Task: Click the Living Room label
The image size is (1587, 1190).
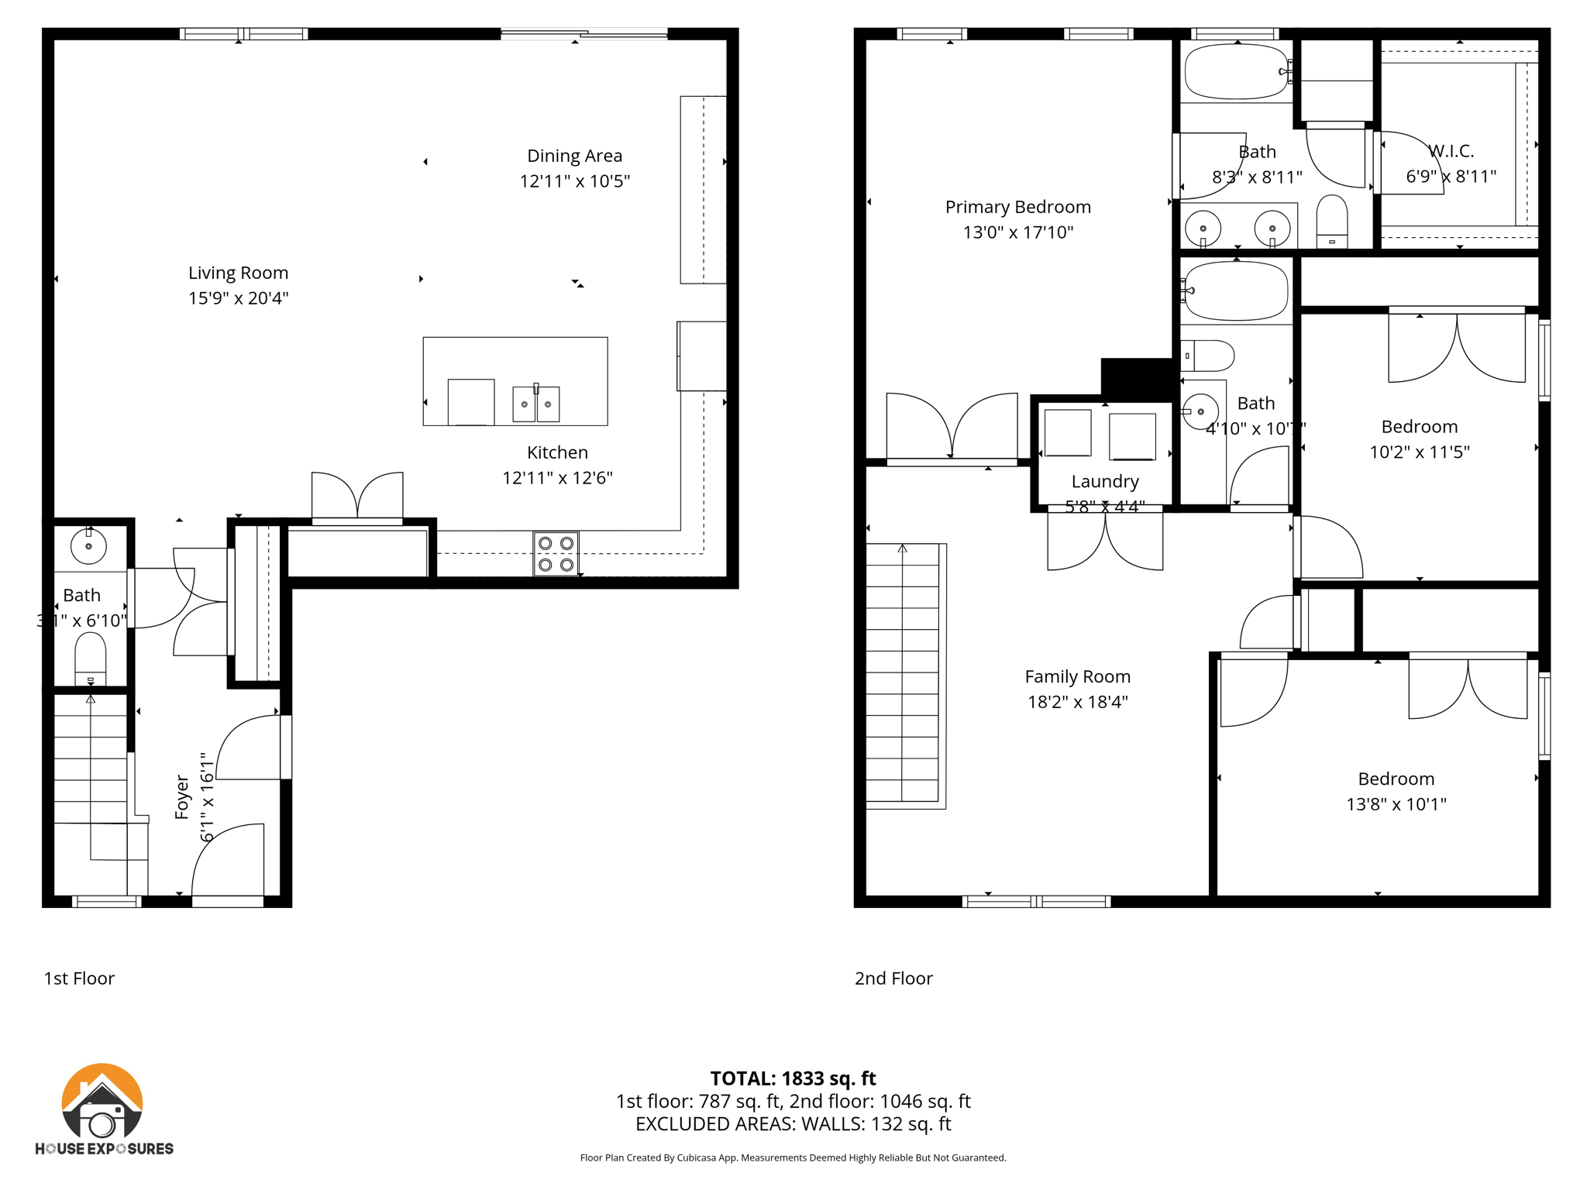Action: (x=238, y=273)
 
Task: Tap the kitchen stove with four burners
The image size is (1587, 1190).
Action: (x=556, y=554)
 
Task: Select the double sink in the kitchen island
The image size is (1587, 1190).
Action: (x=535, y=404)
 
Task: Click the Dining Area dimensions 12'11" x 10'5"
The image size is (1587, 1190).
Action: (x=574, y=181)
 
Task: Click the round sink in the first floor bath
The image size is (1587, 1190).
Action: (x=89, y=546)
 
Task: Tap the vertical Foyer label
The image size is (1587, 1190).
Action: (x=182, y=796)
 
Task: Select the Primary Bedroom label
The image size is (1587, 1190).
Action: (x=1017, y=207)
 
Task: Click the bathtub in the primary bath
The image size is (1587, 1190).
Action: (x=1236, y=72)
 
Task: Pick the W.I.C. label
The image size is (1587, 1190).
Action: (x=1451, y=151)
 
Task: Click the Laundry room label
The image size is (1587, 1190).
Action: (x=1104, y=481)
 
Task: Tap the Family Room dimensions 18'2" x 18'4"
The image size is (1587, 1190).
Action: (x=1077, y=702)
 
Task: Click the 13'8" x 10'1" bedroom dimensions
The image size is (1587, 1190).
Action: (x=1396, y=804)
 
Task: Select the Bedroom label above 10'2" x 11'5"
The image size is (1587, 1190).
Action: (x=1419, y=426)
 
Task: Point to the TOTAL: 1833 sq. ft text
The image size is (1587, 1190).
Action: (x=793, y=1078)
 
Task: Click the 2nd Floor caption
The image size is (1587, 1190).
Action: (x=893, y=978)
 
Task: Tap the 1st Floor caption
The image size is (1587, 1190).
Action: (x=79, y=978)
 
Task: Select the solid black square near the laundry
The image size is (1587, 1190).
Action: (x=1135, y=377)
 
